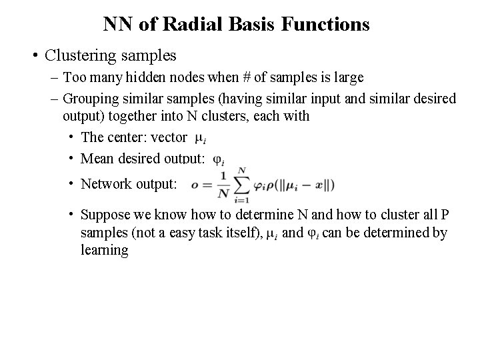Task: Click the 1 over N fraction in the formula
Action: tap(223, 185)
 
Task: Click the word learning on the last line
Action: tap(104, 250)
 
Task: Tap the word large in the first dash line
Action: tap(347, 77)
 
